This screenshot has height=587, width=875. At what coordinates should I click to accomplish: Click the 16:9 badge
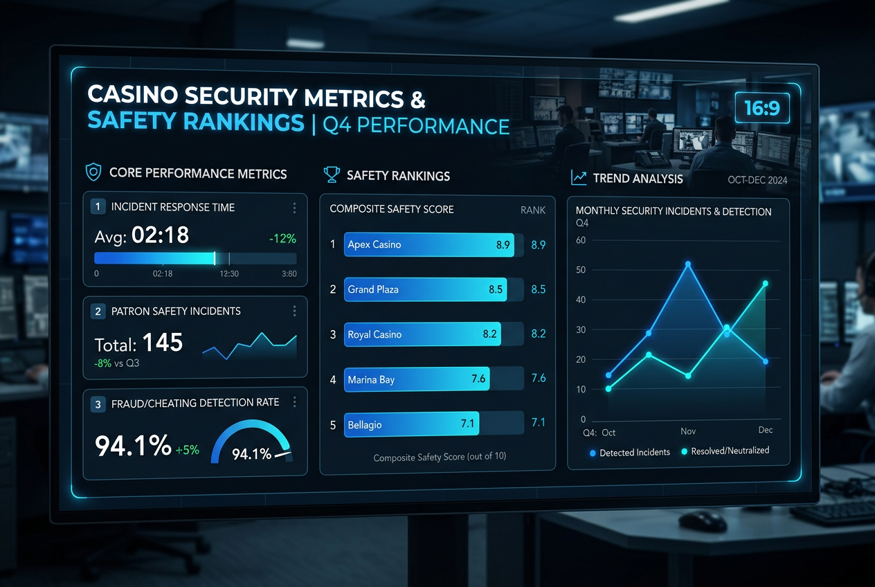click(762, 108)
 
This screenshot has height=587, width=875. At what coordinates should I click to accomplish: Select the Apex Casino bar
click(429, 244)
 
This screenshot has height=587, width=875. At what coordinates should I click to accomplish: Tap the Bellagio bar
click(411, 424)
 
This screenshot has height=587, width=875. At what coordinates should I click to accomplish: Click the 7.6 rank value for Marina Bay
click(539, 378)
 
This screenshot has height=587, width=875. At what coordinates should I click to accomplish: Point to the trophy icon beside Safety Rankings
click(332, 174)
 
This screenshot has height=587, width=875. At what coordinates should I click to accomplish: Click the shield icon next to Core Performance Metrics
click(93, 172)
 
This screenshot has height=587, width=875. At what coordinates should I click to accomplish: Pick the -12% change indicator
click(282, 238)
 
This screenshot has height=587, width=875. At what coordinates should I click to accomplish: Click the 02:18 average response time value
click(160, 235)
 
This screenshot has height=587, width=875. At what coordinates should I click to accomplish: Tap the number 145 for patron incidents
click(163, 343)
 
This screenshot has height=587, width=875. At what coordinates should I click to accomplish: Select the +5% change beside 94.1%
click(188, 450)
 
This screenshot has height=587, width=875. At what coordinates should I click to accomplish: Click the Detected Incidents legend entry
click(630, 453)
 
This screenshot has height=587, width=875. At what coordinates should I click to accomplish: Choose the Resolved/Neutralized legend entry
click(725, 451)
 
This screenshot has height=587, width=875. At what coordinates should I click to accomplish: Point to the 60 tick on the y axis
click(581, 240)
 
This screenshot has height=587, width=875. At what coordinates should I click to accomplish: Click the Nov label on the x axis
click(688, 431)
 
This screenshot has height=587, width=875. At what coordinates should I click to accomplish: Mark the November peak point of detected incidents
click(688, 264)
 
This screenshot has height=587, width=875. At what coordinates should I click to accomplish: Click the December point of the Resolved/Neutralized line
click(765, 284)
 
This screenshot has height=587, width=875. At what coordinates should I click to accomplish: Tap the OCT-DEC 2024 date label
click(757, 180)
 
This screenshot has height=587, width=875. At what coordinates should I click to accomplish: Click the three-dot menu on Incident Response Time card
click(294, 208)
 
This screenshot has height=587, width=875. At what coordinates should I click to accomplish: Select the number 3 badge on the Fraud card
click(98, 404)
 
